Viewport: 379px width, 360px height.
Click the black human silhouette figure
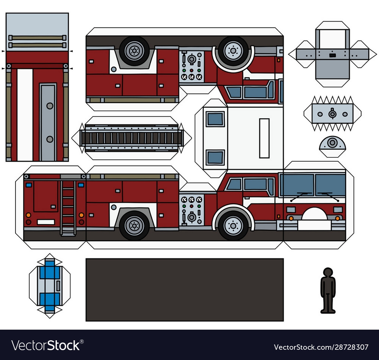[x=328, y=291]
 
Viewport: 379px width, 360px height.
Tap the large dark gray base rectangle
[x=185, y=289]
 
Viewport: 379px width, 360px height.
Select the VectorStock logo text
[x=46, y=346]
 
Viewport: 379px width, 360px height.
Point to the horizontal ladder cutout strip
[x=132, y=137]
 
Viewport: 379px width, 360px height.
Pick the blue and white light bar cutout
[x=50, y=285]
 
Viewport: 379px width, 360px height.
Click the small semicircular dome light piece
[x=332, y=144]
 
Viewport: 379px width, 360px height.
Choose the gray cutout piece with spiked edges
[x=332, y=113]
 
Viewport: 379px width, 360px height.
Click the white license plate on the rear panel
[x=45, y=222]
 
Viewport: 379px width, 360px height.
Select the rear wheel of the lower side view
[x=134, y=225]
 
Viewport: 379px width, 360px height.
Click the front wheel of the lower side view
[x=233, y=225]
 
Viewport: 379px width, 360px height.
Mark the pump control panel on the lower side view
[x=191, y=209]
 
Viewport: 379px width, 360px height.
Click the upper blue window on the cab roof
[x=215, y=119]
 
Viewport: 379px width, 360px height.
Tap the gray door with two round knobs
[x=48, y=122]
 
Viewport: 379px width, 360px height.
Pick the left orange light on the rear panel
[x=28, y=215]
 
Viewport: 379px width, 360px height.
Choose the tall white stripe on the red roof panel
[x=25, y=115]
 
